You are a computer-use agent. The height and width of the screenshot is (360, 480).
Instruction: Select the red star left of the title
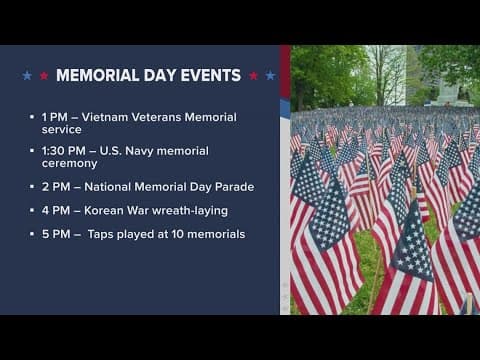coord(41,75)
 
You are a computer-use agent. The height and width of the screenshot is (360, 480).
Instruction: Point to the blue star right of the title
coord(269,75)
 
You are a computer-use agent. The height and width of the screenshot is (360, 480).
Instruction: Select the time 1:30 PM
coord(68,149)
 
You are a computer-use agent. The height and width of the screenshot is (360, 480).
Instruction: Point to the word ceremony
coord(71,163)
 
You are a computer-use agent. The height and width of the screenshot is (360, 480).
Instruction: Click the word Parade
coord(233,187)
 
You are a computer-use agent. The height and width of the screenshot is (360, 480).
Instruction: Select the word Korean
coord(114,211)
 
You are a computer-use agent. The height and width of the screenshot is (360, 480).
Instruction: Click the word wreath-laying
coord(193,211)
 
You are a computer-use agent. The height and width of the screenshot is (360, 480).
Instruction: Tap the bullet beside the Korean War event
coord(33,211)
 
